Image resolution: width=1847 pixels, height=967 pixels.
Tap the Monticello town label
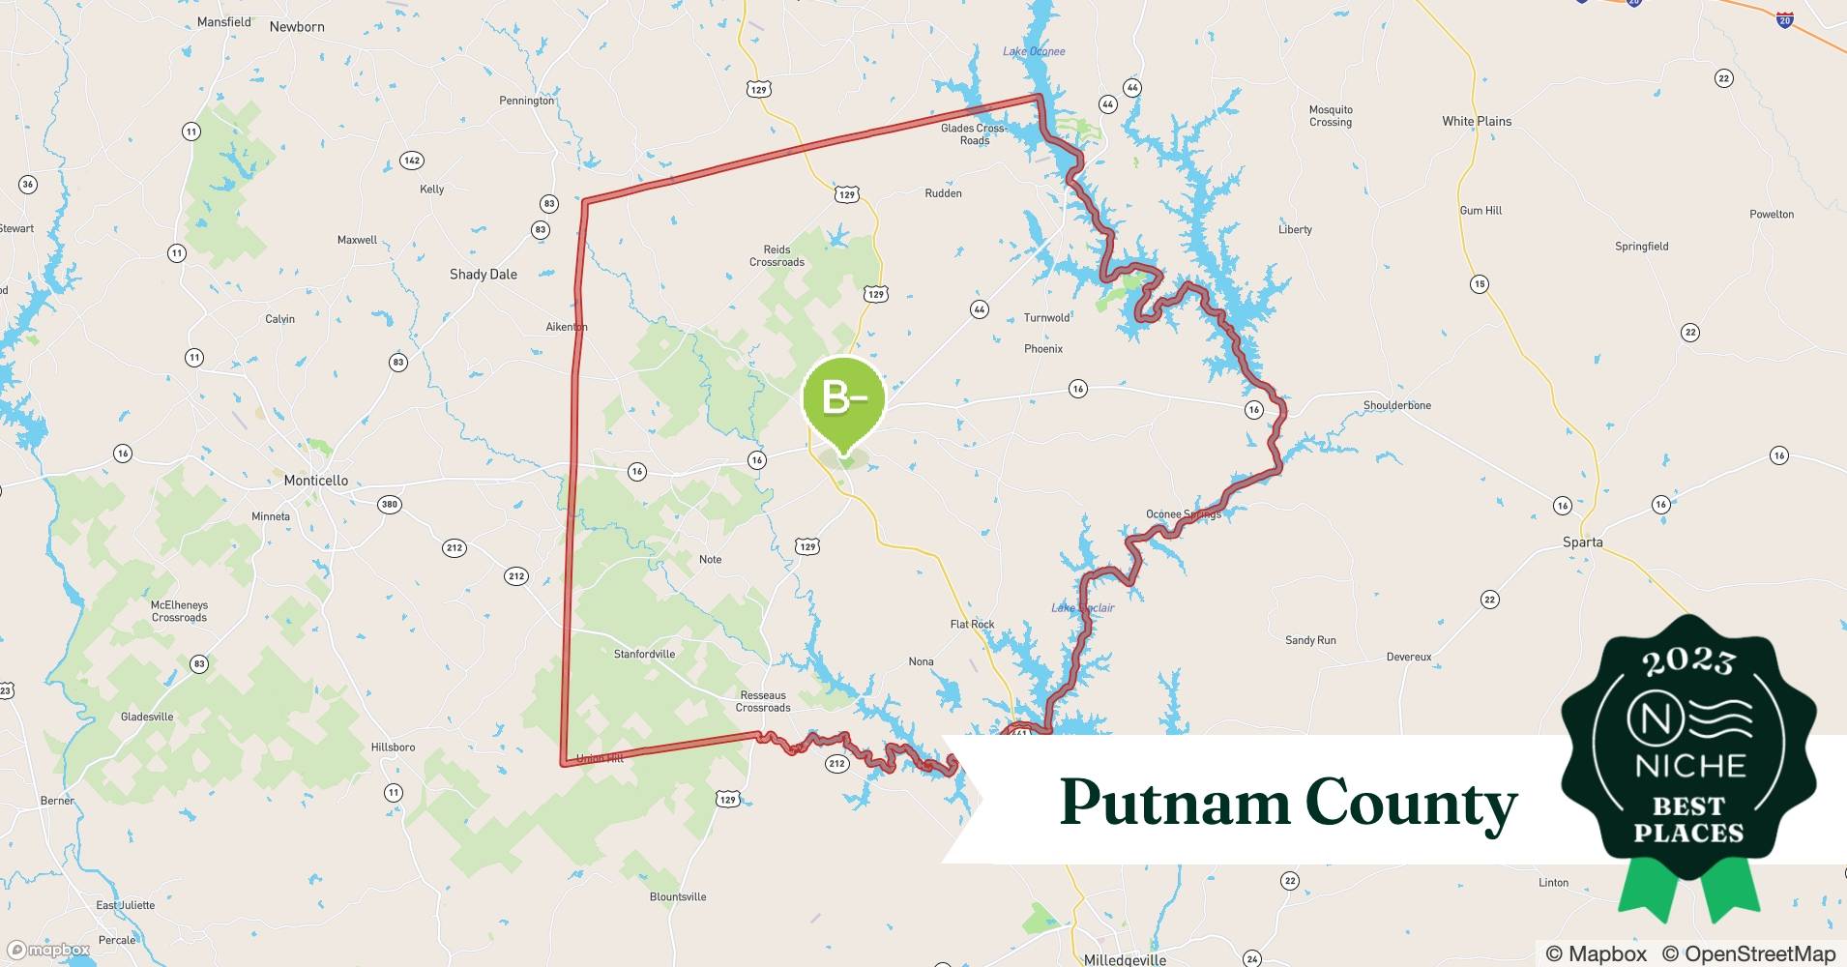click(315, 481)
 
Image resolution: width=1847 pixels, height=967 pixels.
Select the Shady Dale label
click(483, 275)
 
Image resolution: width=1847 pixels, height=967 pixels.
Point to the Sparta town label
click(1582, 542)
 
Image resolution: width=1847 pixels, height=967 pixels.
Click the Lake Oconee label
click(1034, 51)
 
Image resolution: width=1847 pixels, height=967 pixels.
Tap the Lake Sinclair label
click(1082, 607)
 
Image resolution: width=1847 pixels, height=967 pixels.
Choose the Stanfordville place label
click(644, 655)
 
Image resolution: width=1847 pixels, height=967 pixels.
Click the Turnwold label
click(1046, 318)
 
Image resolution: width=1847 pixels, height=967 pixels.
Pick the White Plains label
click(1476, 122)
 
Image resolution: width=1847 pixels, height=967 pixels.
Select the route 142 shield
click(412, 161)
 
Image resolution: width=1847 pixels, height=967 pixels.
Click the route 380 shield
click(389, 504)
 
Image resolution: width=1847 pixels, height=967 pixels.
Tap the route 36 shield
click(28, 185)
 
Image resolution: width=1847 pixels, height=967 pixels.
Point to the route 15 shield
click(1479, 284)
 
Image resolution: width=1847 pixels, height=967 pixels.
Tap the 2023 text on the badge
click(1688, 662)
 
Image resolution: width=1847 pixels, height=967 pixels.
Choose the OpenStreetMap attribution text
click(1749, 953)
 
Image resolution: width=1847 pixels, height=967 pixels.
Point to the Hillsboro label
click(393, 747)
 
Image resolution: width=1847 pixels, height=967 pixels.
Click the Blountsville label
click(677, 897)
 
